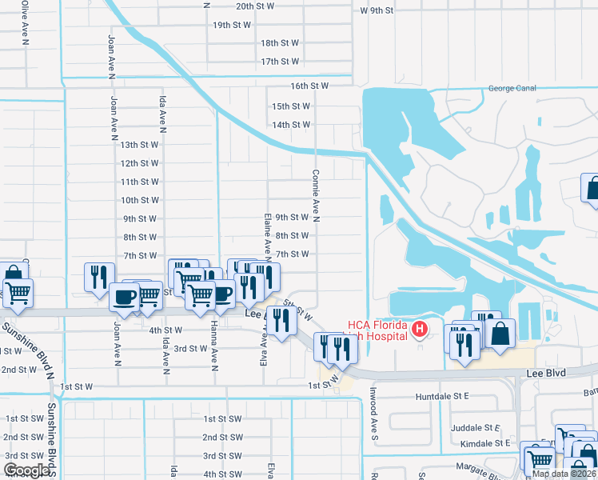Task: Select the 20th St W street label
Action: coord(255,6)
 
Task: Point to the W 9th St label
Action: coord(377,10)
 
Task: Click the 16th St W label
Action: coord(310,86)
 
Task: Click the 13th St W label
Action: coord(140,145)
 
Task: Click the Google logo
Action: coord(27,470)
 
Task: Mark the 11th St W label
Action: coord(140,182)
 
